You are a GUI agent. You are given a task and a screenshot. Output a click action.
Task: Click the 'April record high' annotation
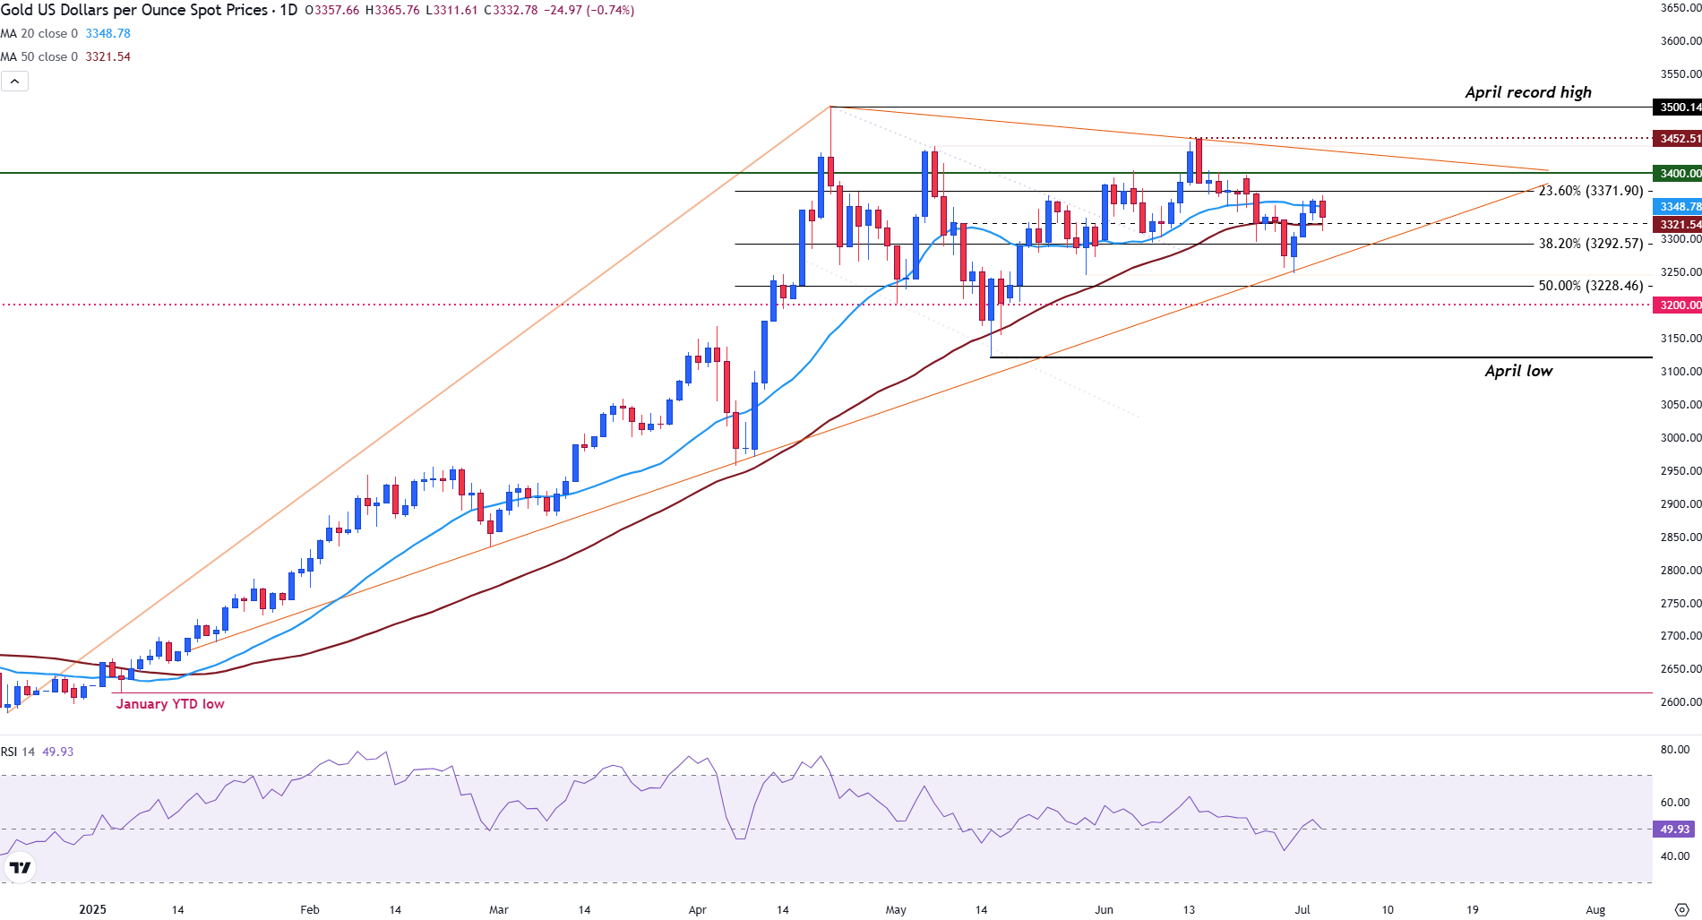[x=1527, y=92]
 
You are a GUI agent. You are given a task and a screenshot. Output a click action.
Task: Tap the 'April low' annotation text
[x=1518, y=371]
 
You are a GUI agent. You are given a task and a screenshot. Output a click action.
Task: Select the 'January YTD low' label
[x=170, y=704]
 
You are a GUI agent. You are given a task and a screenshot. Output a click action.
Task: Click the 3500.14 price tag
[x=1678, y=107]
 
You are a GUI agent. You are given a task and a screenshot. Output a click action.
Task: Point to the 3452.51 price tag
[x=1678, y=139]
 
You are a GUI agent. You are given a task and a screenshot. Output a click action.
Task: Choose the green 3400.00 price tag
[x=1678, y=174]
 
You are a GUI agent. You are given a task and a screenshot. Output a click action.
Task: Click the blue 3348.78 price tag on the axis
[x=1678, y=207]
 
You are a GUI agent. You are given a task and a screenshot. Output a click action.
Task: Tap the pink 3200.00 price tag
[x=1678, y=305]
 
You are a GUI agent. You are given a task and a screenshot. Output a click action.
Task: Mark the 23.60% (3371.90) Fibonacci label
[x=1591, y=191]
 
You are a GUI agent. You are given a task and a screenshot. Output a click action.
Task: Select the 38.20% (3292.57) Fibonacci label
[x=1591, y=244]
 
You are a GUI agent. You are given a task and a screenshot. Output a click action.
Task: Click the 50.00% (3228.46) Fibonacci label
[x=1591, y=286]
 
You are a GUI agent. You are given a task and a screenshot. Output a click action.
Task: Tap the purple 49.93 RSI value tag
[x=1674, y=830]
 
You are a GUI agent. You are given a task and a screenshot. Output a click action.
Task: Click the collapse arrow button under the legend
[x=14, y=82]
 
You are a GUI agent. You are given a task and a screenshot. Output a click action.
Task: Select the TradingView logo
[x=20, y=867]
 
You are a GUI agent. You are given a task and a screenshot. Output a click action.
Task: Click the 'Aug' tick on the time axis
[x=1595, y=909]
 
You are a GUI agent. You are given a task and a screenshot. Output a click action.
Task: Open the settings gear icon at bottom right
[x=1681, y=909]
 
